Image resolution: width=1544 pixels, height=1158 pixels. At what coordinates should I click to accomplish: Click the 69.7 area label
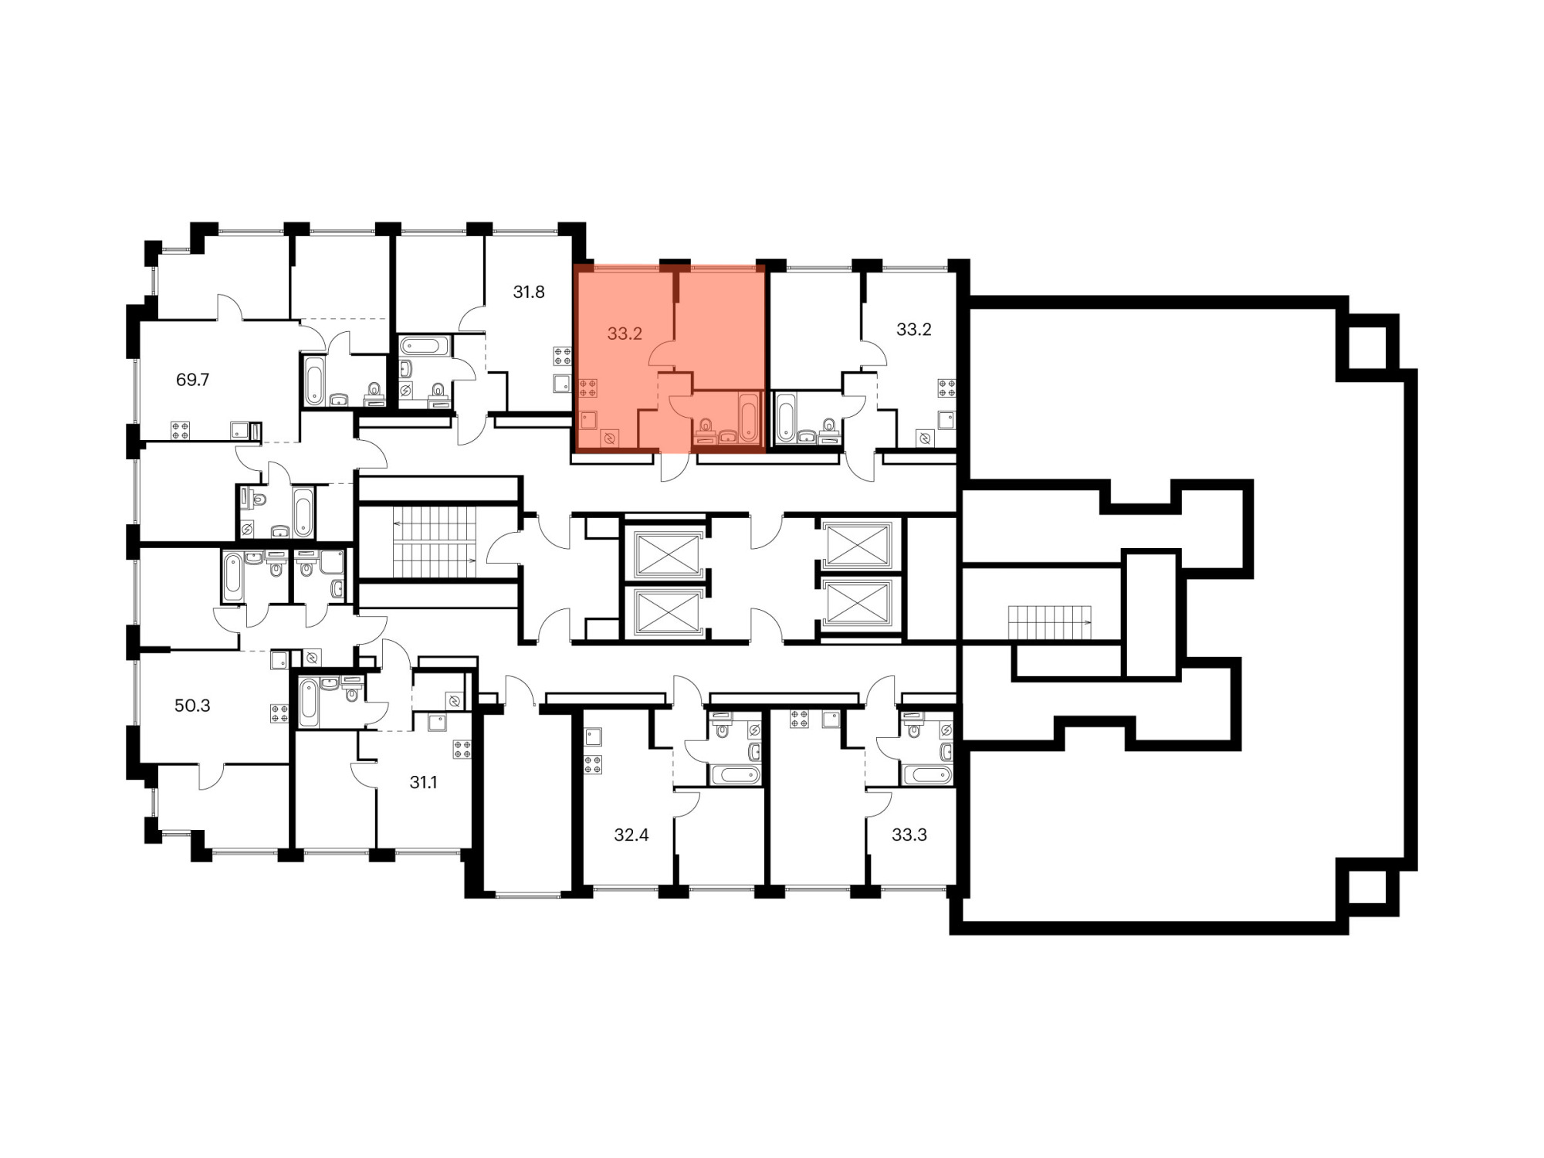(193, 380)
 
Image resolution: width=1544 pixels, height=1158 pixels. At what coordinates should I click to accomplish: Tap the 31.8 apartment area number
(529, 292)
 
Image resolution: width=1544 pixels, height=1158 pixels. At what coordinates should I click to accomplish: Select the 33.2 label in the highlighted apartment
(625, 334)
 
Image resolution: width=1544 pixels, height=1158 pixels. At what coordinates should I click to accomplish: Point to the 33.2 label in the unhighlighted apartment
(914, 330)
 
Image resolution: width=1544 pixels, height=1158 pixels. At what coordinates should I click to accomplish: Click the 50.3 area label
(192, 706)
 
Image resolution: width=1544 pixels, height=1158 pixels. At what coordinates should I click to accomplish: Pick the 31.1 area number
(423, 783)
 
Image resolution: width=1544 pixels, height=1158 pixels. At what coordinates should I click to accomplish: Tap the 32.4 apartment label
(631, 835)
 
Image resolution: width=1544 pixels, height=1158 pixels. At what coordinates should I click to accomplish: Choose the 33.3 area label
(909, 835)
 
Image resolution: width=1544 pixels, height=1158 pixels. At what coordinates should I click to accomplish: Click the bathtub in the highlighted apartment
(749, 417)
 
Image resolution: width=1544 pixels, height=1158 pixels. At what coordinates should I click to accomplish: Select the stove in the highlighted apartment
(588, 388)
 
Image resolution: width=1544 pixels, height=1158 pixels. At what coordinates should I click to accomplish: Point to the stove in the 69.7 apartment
(181, 431)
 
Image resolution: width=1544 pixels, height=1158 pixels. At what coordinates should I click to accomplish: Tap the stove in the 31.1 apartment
(462, 750)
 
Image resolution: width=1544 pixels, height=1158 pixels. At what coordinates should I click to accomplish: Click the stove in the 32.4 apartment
(593, 765)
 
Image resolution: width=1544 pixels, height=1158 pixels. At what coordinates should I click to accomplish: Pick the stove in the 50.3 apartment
(279, 713)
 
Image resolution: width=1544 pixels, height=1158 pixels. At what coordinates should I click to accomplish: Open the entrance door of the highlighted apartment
(675, 468)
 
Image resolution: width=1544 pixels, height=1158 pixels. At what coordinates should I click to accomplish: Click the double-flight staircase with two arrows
(435, 542)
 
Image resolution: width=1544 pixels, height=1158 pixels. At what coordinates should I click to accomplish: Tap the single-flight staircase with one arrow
(1050, 623)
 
